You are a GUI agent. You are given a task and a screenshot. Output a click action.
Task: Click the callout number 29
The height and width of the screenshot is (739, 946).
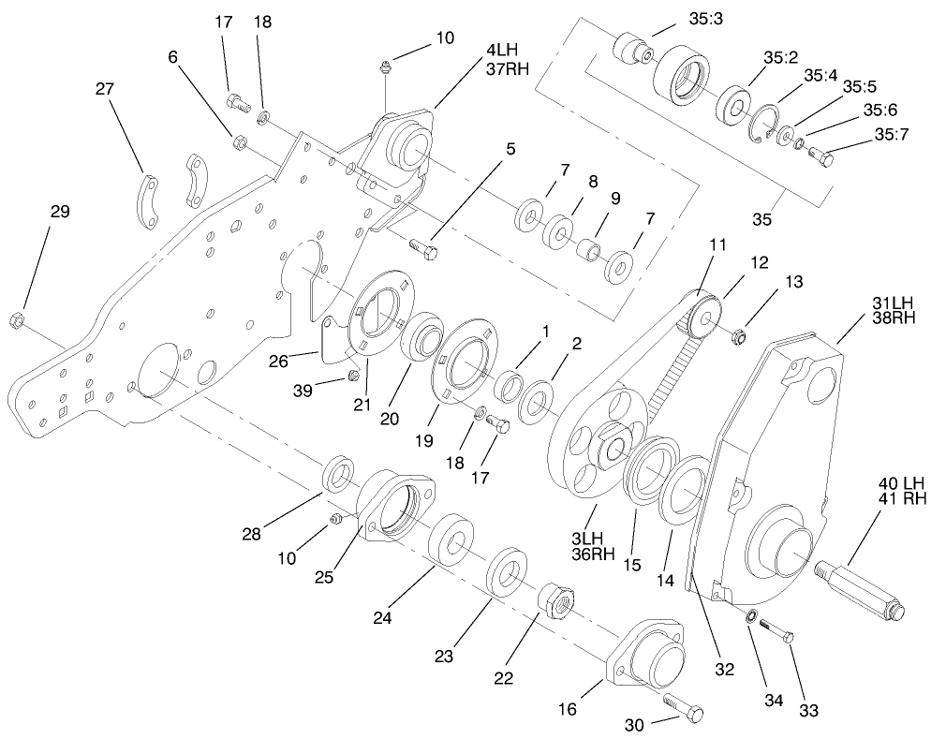(59, 213)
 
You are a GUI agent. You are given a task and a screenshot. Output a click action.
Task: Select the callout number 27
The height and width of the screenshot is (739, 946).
(104, 90)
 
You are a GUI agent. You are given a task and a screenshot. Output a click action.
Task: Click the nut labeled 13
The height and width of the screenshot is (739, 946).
(736, 333)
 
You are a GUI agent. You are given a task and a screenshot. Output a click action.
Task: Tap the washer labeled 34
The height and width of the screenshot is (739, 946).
(750, 616)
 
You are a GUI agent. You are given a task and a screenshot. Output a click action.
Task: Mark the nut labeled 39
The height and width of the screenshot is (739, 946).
(354, 376)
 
